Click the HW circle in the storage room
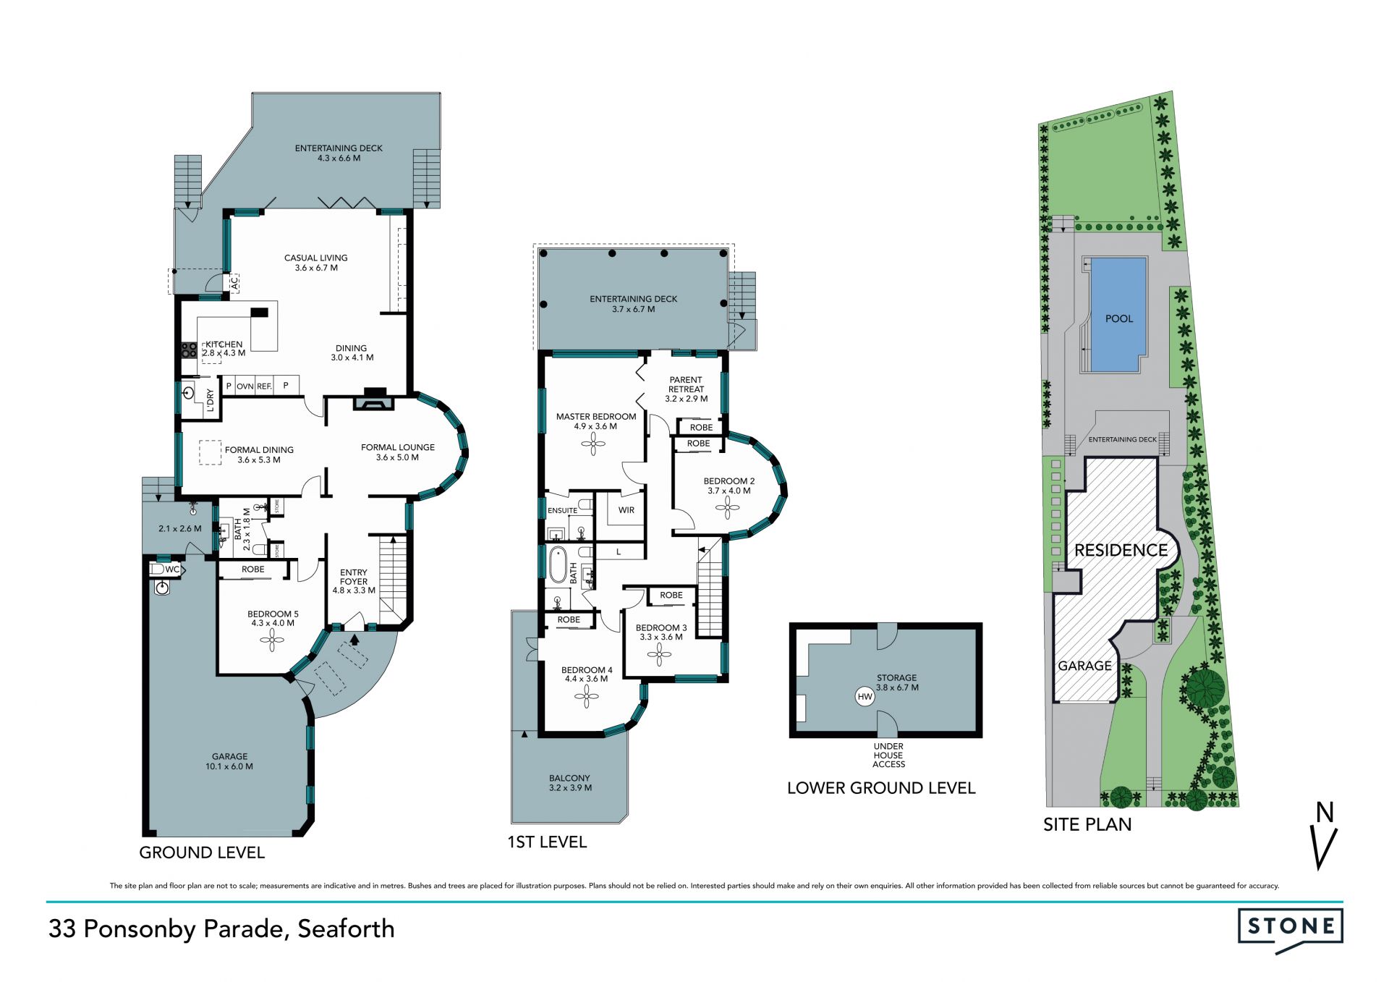pos(865,697)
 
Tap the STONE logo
pos(1290,931)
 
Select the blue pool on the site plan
pos(1118,315)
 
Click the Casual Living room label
pos(316,263)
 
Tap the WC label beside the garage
pos(172,570)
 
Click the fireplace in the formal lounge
pos(374,399)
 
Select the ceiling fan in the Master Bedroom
pos(594,444)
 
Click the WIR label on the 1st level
pos(626,510)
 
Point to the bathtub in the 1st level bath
pos(558,565)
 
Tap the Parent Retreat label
pos(686,389)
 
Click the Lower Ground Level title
pos(881,788)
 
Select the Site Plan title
pos(1087,824)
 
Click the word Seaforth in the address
pos(347,928)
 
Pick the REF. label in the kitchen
pos(264,386)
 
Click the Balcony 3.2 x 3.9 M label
pos(570,783)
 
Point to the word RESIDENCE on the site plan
pos(1121,550)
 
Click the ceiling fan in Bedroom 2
pos(728,508)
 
